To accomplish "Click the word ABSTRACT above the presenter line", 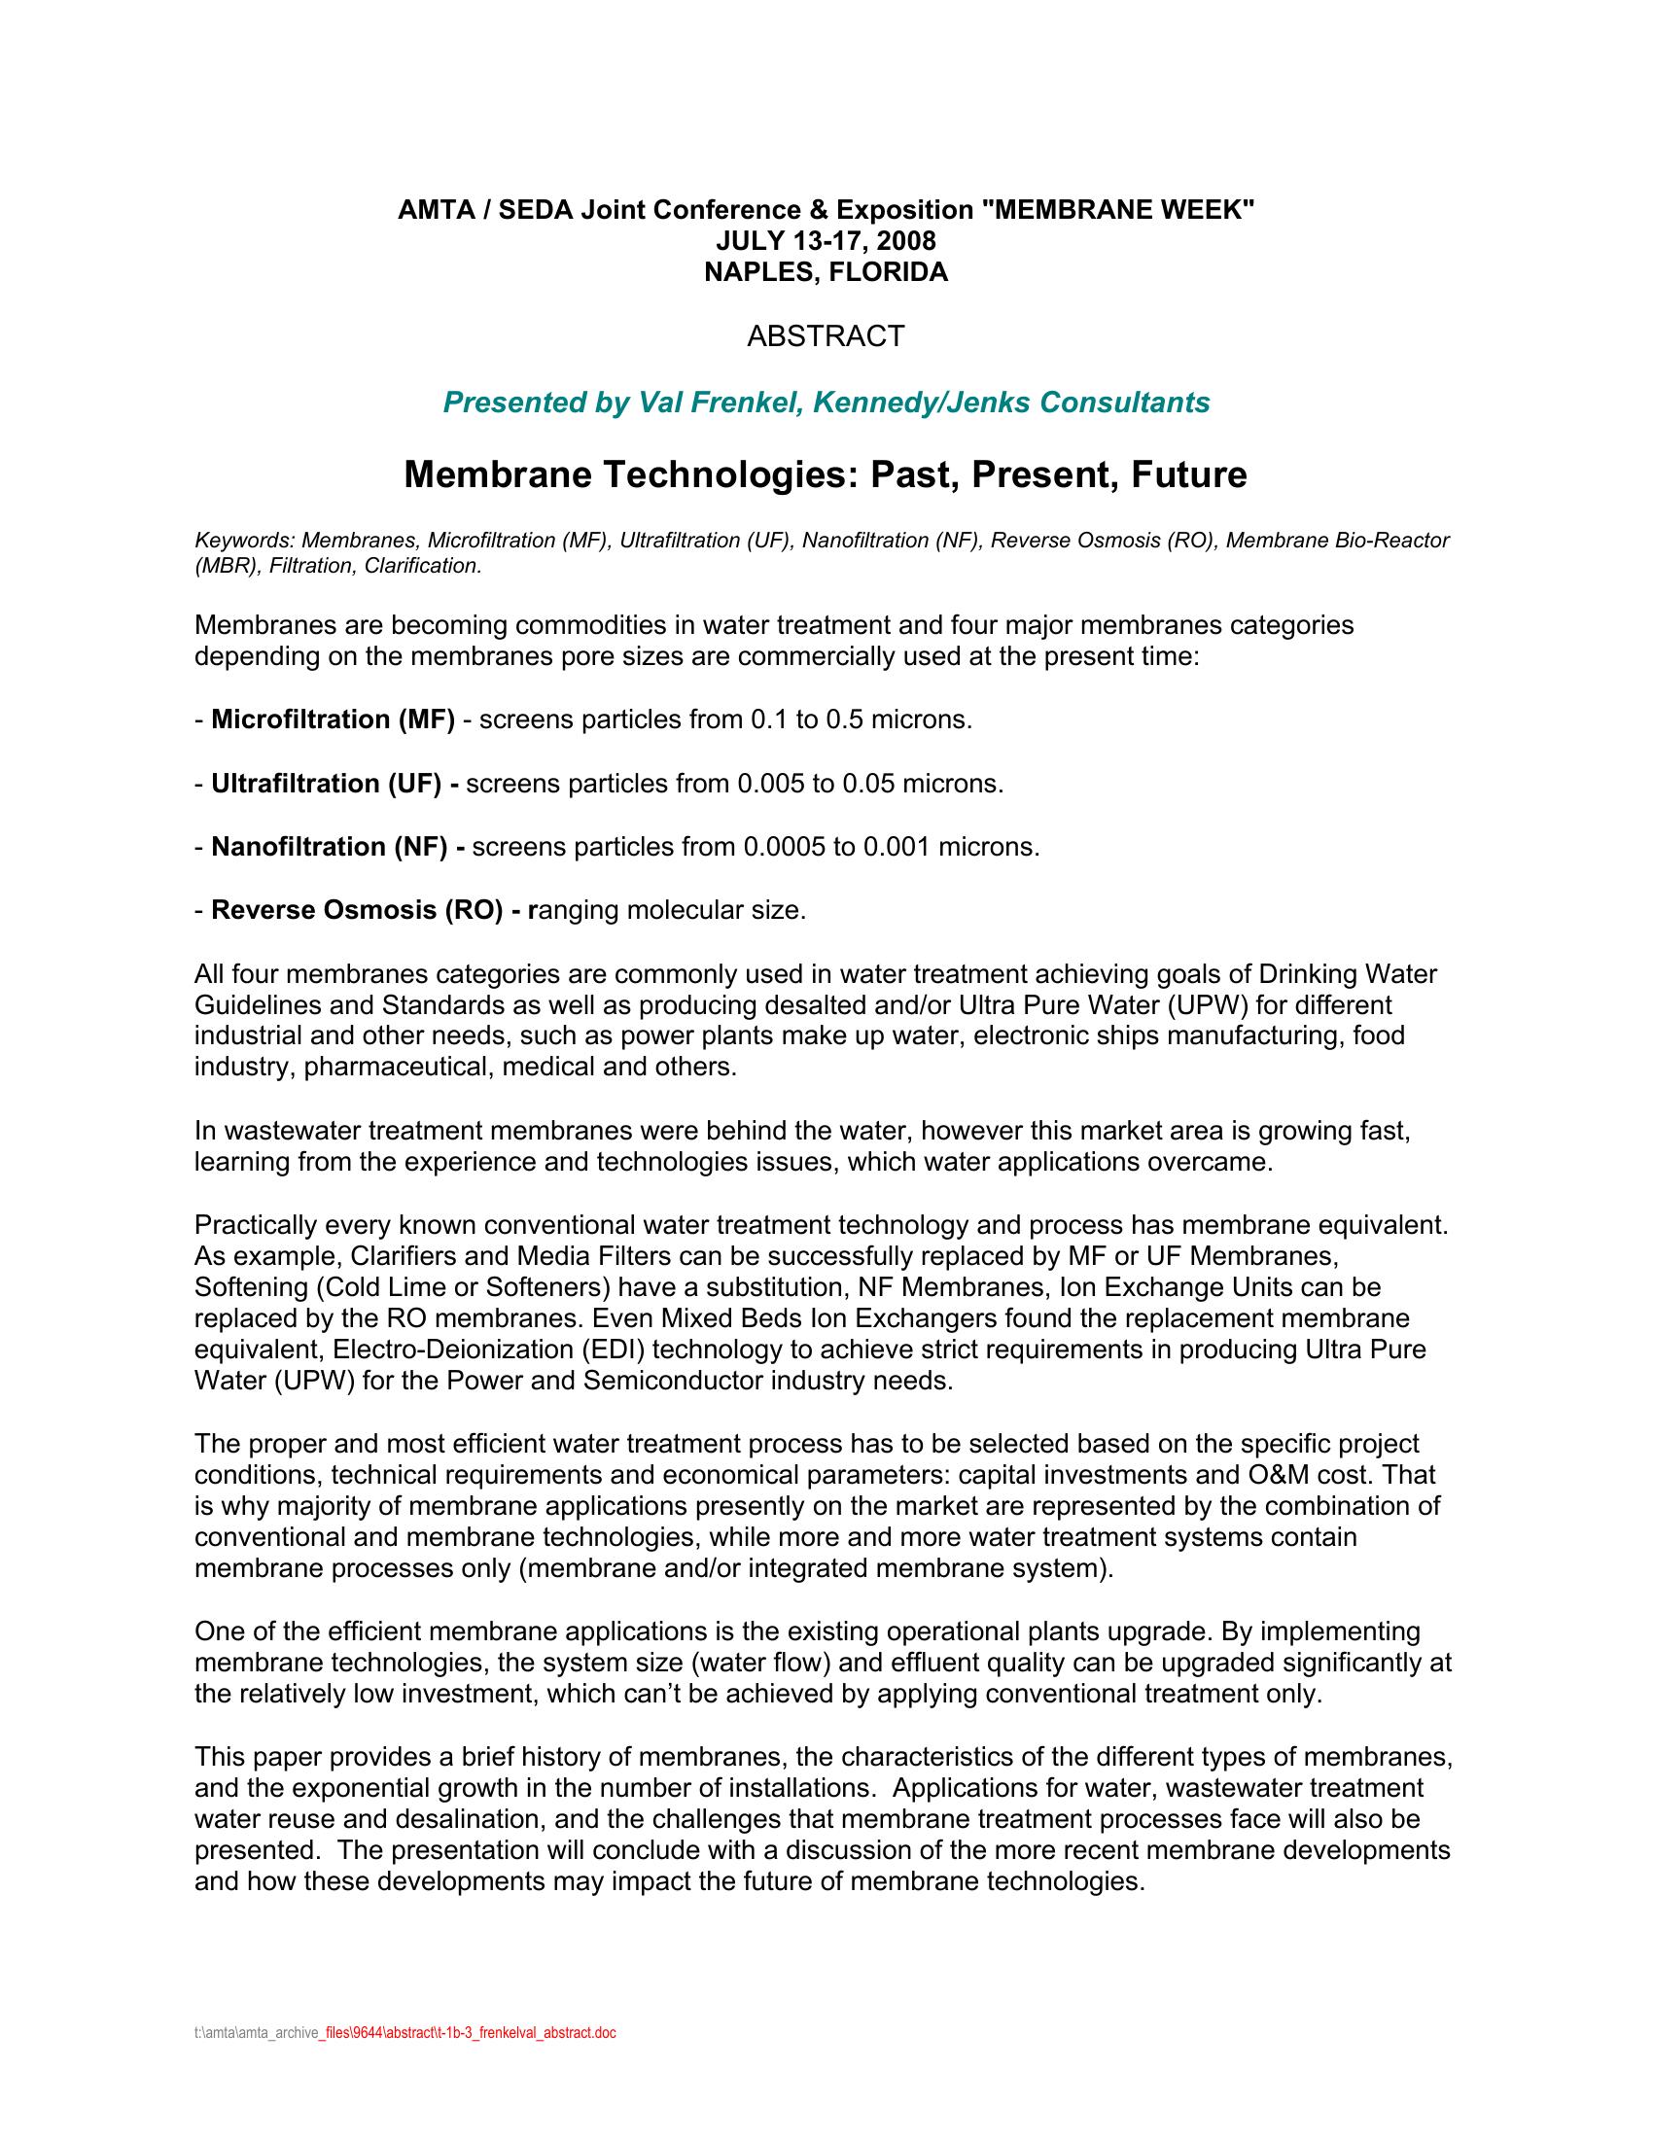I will (x=826, y=337).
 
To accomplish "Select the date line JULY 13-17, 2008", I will (x=826, y=241).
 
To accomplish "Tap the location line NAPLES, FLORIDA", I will (x=826, y=272).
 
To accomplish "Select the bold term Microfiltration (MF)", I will (x=333, y=719).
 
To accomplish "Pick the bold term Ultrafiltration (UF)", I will (x=326, y=784).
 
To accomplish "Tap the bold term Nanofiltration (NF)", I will (x=329, y=846).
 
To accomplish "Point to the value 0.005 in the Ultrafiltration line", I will (x=771, y=784).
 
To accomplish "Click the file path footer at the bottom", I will (x=405, y=2032).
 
